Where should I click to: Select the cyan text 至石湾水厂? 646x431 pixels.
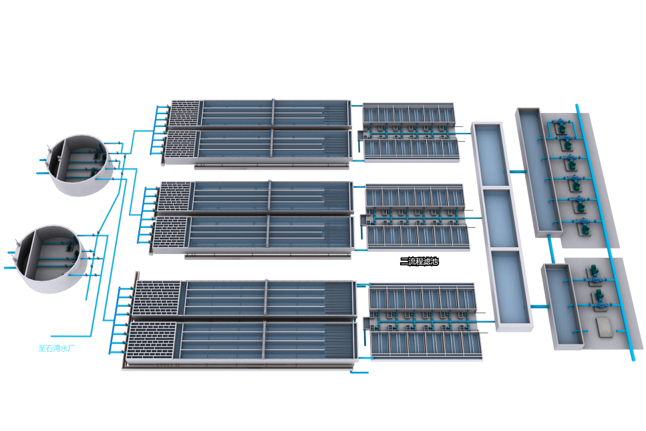[59, 347]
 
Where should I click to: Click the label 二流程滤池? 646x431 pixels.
[419, 261]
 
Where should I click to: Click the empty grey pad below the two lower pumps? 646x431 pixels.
[605, 326]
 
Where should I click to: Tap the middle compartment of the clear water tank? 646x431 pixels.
[500, 219]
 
